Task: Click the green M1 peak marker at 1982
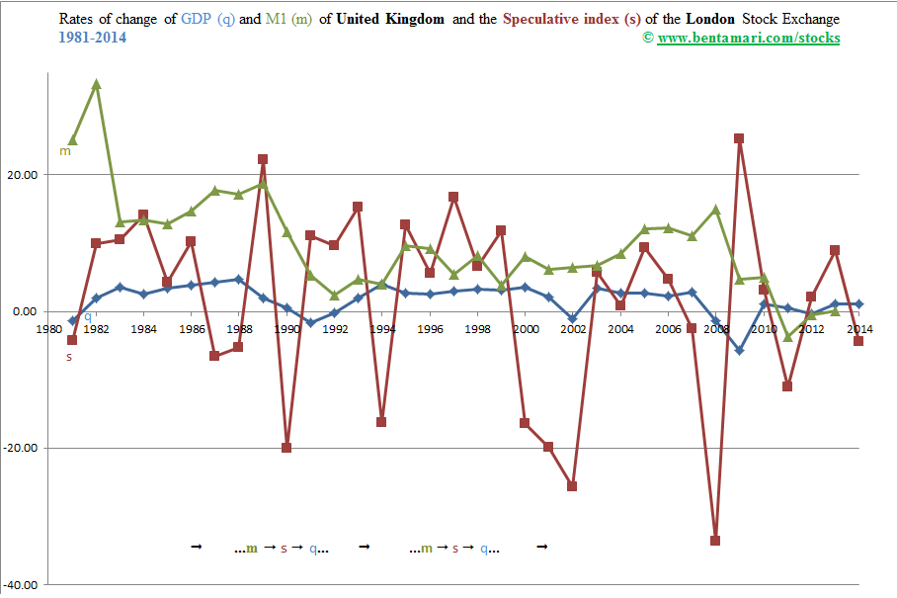(x=96, y=84)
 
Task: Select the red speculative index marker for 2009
(x=739, y=138)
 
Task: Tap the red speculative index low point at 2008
(x=715, y=541)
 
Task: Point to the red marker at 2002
(x=572, y=486)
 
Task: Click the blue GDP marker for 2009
(x=739, y=351)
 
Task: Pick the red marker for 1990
(x=286, y=448)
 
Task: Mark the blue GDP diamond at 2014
(x=858, y=304)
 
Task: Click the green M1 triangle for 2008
(x=715, y=210)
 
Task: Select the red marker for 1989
(x=263, y=159)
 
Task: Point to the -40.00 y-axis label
(x=21, y=584)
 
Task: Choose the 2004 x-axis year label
(x=620, y=328)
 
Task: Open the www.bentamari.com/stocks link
(x=747, y=38)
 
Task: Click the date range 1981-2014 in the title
(x=92, y=38)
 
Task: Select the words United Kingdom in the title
(x=390, y=19)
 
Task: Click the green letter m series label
(x=65, y=151)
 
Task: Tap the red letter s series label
(x=69, y=357)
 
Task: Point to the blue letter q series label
(x=87, y=316)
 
